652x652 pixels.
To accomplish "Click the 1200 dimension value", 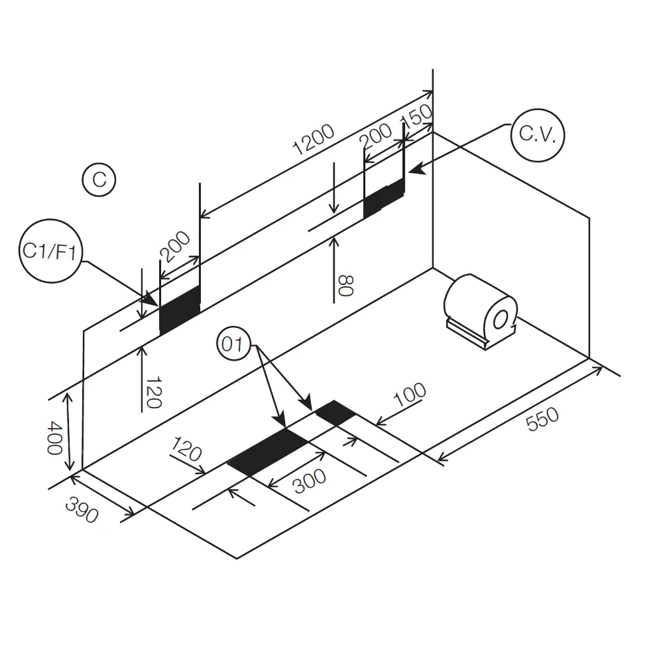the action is [x=314, y=139].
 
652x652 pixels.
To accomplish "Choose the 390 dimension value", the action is [x=82, y=510].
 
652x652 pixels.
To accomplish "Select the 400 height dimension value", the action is [x=55, y=437].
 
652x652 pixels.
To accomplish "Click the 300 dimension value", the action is [x=310, y=481].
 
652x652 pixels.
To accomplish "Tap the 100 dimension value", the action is [x=409, y=394].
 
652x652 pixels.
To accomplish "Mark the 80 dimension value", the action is [x=346, y=286].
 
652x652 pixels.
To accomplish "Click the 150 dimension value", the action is [x=417, y=117].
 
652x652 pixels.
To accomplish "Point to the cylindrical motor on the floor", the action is [x=481, y=311].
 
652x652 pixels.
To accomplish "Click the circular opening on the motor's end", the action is [x=500, y=320].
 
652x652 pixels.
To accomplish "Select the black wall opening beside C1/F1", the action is [x=180, y=309].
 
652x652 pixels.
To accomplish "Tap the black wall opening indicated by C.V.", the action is [x=384, y=198].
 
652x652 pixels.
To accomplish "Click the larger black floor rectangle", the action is [x=268, y=452].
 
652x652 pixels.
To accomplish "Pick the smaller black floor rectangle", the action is [x=336, y=413].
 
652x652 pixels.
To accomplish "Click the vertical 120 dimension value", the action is [x=153, y=393].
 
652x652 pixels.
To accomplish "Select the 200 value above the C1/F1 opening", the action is [x=175, y=246].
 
